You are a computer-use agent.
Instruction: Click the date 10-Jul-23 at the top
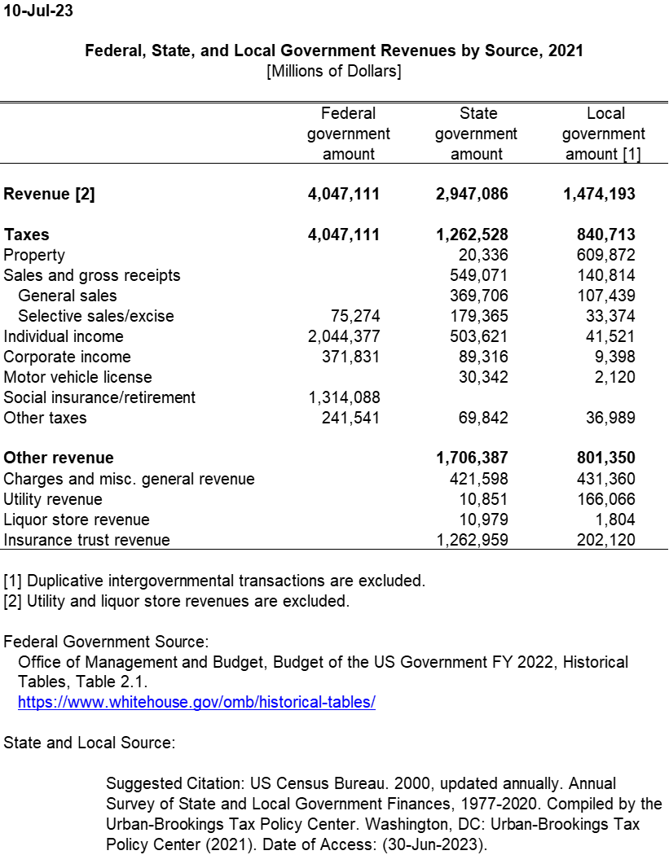(x=37, y=11)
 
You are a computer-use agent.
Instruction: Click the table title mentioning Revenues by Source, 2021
(x=334, y=51)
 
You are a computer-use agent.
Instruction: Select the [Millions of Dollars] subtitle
(x=334, y=72)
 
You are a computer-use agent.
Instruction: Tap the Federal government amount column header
(x=348, y=134)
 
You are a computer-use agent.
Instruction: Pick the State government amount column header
(x=477, y=134)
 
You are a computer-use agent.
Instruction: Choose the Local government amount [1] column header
(x=604, y=134)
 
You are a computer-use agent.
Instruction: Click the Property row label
(x=34, y=255)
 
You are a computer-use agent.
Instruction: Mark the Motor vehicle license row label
(x=78, y=377)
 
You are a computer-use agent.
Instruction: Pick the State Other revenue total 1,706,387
(x=473, y=458)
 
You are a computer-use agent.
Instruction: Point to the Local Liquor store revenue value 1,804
(x=617, y=520)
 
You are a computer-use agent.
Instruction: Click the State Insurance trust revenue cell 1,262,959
(x=473, y=540)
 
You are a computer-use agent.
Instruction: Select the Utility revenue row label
(x=53, y=499)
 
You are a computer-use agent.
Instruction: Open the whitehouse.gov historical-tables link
(x=196, y=703)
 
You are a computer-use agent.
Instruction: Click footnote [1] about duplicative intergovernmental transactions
(x=214, y=581)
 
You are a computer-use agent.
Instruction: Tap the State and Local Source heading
(x=89, y=743)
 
